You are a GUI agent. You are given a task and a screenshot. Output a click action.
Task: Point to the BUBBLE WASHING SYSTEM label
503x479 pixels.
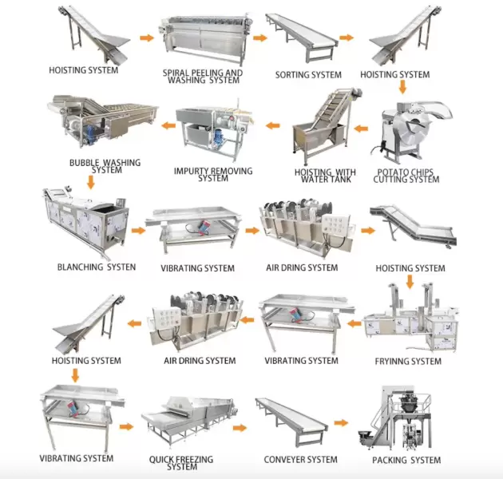coord(105,166)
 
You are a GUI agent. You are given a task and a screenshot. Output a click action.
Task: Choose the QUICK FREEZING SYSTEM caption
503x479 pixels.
coord(182,463)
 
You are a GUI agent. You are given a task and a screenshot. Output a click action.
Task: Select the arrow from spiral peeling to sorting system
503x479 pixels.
coord(259,37)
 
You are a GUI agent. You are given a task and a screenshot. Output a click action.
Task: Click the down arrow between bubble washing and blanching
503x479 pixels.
coord(90,181)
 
